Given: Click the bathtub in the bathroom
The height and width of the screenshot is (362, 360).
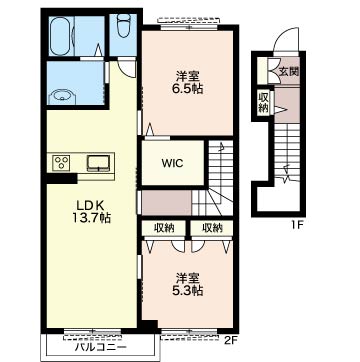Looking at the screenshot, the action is point(61,35).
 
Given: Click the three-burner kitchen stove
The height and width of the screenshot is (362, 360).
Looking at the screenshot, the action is point(62,163).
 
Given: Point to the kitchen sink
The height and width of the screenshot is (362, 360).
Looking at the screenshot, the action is point(99,163).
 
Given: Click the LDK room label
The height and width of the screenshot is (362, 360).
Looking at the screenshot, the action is point(87,206).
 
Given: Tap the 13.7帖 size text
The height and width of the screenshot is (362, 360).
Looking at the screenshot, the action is point(91,218).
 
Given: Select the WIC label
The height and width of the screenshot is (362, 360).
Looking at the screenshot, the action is point(173,163).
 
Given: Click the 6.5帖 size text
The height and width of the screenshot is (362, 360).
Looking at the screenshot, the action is point(187,89).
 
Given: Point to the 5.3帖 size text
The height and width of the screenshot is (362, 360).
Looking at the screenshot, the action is point(189,290).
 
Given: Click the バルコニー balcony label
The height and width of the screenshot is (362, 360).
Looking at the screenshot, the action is point(101,348).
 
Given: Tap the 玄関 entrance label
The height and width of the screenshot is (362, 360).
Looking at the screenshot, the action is point(289,71).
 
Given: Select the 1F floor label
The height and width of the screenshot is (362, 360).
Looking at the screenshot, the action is point(296,225).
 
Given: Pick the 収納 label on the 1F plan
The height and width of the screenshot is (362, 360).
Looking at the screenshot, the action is point(263,102).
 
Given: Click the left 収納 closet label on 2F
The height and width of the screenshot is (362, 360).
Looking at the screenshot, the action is point(164,228).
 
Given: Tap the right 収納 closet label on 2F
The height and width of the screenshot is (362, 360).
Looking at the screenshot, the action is point(212,228).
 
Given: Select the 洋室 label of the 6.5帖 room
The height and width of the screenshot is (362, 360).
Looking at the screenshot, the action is point(188,77).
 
